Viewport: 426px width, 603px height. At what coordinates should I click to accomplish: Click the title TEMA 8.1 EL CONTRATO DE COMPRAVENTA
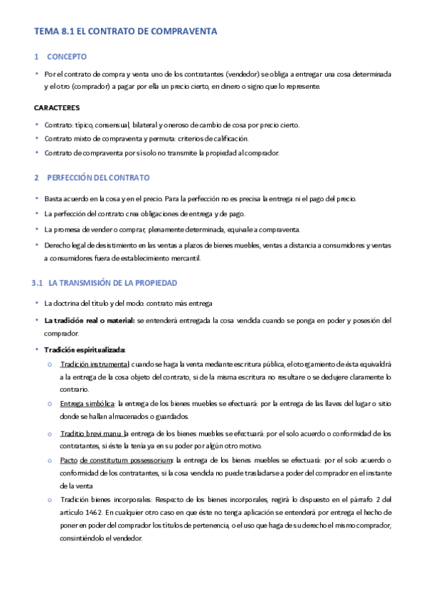pyautogui.click(x=126, y=31)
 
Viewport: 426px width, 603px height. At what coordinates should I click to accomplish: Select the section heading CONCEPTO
pyautogui.click(x=67, y=56)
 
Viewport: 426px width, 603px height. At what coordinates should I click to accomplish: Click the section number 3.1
pyautogui.click(x=38, y=283)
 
